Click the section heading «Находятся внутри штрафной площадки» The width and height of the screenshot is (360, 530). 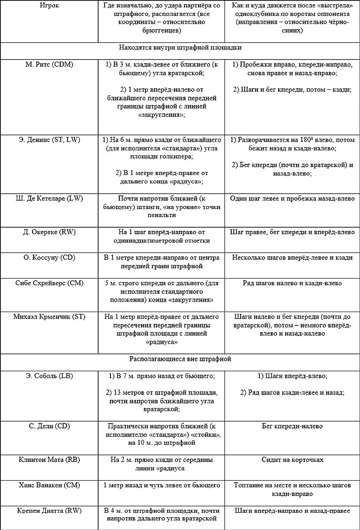click(x=180, y=48)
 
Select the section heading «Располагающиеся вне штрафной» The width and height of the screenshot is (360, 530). click(x=180, y=359)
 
